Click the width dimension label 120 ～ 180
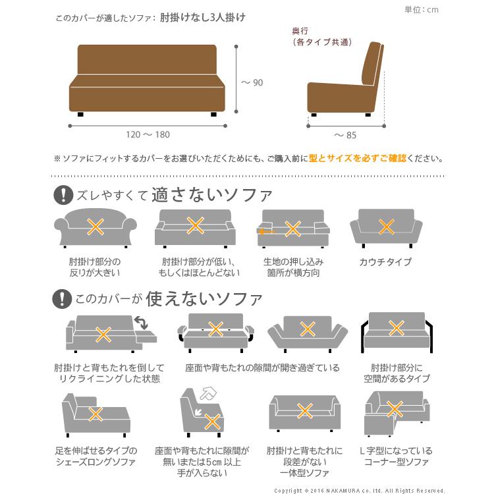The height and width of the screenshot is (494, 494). pyautogui.click(x=148, y=134)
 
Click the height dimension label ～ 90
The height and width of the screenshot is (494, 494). pyautogui.click(x=251, y=82)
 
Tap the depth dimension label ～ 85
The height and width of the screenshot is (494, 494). pyautogui.click(x=345, y=135)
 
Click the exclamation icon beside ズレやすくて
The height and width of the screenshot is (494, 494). pyautogui.click(x=63, y=195)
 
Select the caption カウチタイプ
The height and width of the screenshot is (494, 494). pyautogui.click(x=385, y=262)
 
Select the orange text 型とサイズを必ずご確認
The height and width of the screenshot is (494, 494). pyautogui.click(x=357, y=159)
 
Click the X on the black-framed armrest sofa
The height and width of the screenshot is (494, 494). pyautogui.click(x=395, y=327)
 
